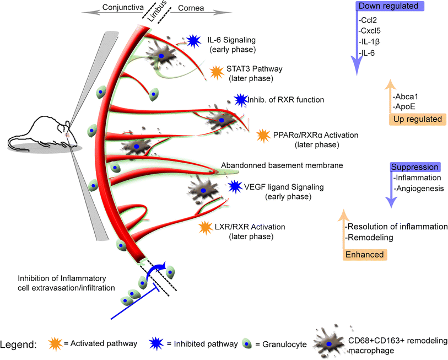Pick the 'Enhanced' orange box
365,254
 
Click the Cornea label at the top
191,8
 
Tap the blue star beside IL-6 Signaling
193,40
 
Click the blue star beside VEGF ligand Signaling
234,186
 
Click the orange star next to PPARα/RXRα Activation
263,135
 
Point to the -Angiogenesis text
419,189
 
